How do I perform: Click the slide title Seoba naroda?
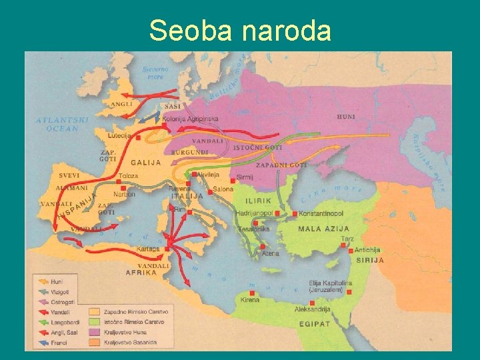(240, 30)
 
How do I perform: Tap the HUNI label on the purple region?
(346, 117)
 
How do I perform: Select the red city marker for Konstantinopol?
(295, 214)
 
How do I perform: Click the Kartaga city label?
(148, 249)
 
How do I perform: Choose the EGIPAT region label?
(314, 323)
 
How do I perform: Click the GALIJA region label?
(145, 163)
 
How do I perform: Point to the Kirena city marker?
(251, 293)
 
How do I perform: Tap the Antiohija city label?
(367, 250)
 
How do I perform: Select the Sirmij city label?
(245, 178)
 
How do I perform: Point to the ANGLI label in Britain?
(121, 105)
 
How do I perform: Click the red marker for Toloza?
(118, 181)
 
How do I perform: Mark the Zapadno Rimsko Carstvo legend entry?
(136, 312)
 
